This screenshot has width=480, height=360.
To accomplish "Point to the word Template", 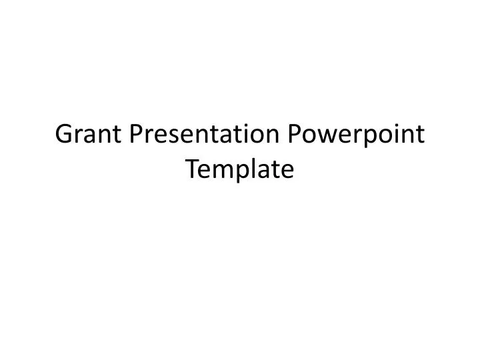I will pos(240,170).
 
